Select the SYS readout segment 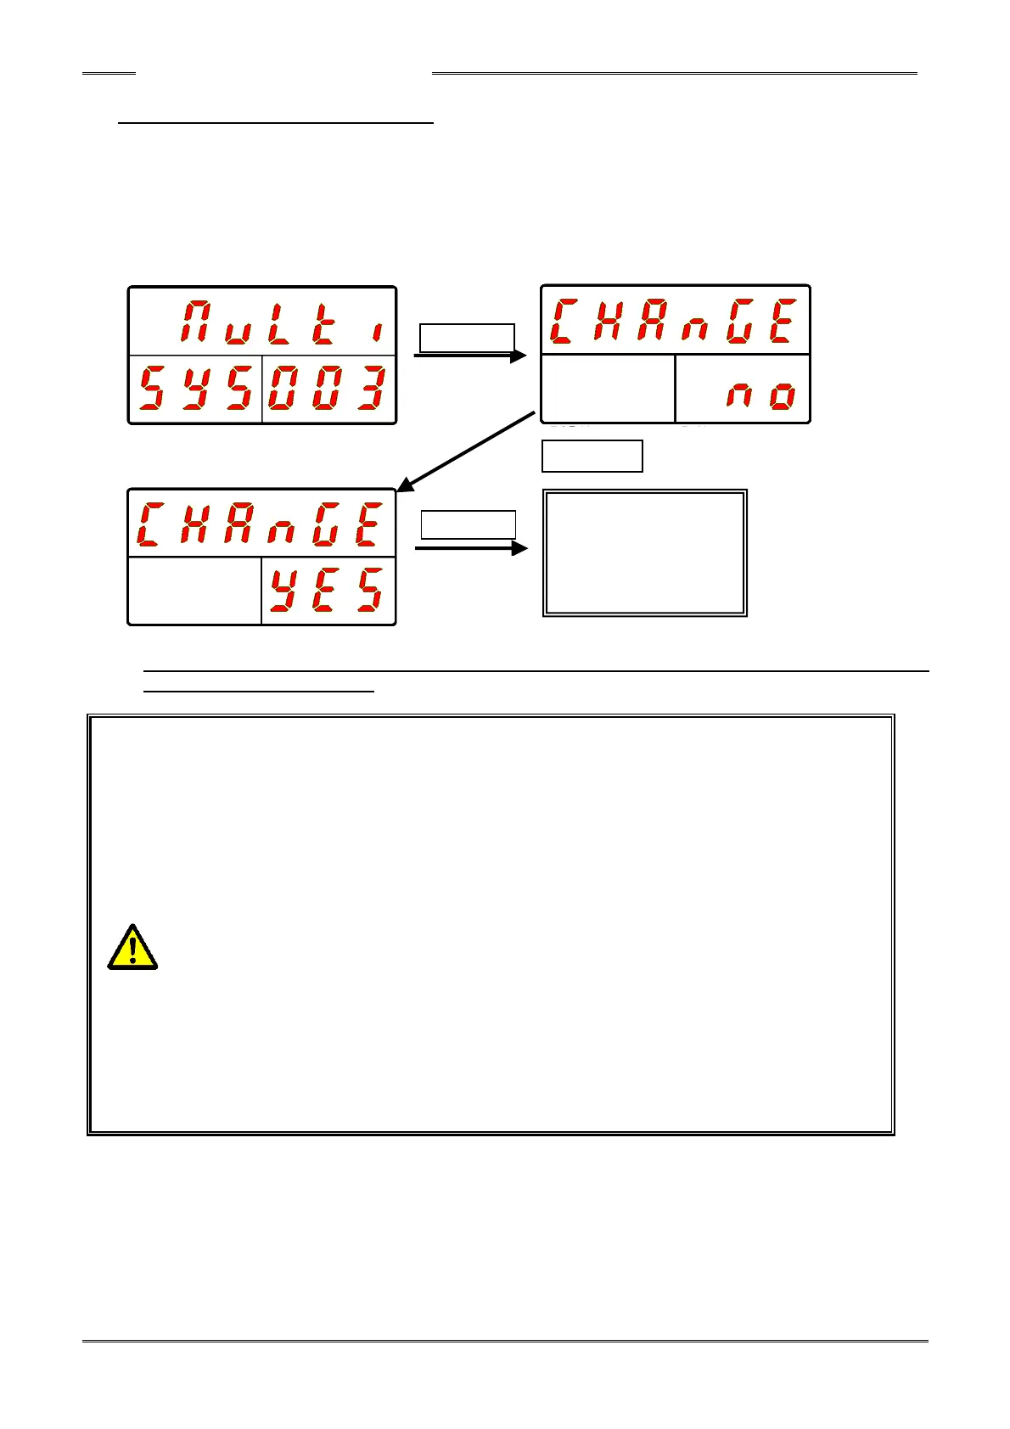(x=196, y=389)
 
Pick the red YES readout (x=328, y=591)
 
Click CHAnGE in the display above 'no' (x=674, y=321)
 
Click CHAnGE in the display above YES (x=261, y=525)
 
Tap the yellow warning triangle (x=132, y=947)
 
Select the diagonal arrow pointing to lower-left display (x=467, y=451)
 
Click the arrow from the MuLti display (x=469, y=356)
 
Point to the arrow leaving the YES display (x=471, y=549)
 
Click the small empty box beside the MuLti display (x=468, y=337)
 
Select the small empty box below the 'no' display (x=592, y=456)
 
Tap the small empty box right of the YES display (x=469, y=524)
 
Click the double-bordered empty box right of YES (x=645, y=552)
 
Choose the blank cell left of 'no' (x=608, y=389)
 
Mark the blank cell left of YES (x=194, y=591)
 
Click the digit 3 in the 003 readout (x=371, y=389)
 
